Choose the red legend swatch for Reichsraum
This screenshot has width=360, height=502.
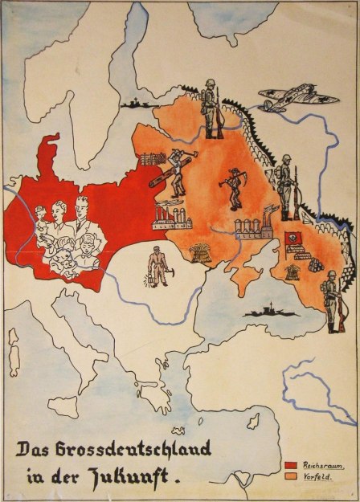tap(291, 465)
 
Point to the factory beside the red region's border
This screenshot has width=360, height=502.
tap(170, 214)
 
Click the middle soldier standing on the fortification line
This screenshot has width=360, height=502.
tap(286, 190)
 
